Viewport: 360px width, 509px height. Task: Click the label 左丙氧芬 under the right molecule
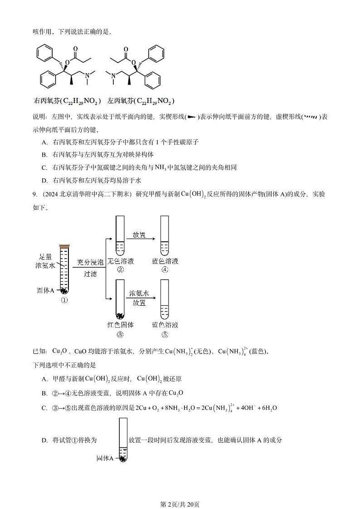tap(120, 100)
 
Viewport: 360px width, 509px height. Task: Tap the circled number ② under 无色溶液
tap(120, 270)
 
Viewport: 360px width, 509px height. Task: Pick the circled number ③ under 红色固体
tap(120, 335)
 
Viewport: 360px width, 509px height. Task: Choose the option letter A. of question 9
tap(44, 379)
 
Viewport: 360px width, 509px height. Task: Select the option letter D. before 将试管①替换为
tap(44, 440)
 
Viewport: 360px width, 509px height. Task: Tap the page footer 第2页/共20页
tap(180, 492)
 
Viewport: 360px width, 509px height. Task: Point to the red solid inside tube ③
tap(121, 316)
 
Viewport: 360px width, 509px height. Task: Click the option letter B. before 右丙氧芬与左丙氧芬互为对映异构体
tap(44, 155)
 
